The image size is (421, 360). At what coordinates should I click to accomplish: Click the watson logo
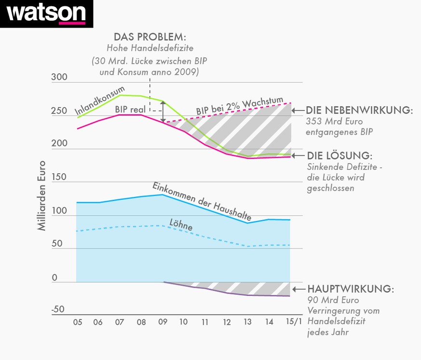[x=46, y=14]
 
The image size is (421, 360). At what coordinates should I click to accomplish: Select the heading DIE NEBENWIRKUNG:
[x=359, y=111]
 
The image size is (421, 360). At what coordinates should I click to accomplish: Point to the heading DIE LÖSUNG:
[x=340, y=156]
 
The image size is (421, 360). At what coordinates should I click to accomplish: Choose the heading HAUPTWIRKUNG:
[x=350, y=289]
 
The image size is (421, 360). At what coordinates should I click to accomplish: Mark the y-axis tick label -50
[x=58, y=309]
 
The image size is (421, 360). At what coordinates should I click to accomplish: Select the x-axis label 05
[x=77, y=322]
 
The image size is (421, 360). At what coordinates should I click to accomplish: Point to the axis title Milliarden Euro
[x=42, y=195]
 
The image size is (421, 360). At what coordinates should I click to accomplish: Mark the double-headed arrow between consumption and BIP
[x=163, y=111]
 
